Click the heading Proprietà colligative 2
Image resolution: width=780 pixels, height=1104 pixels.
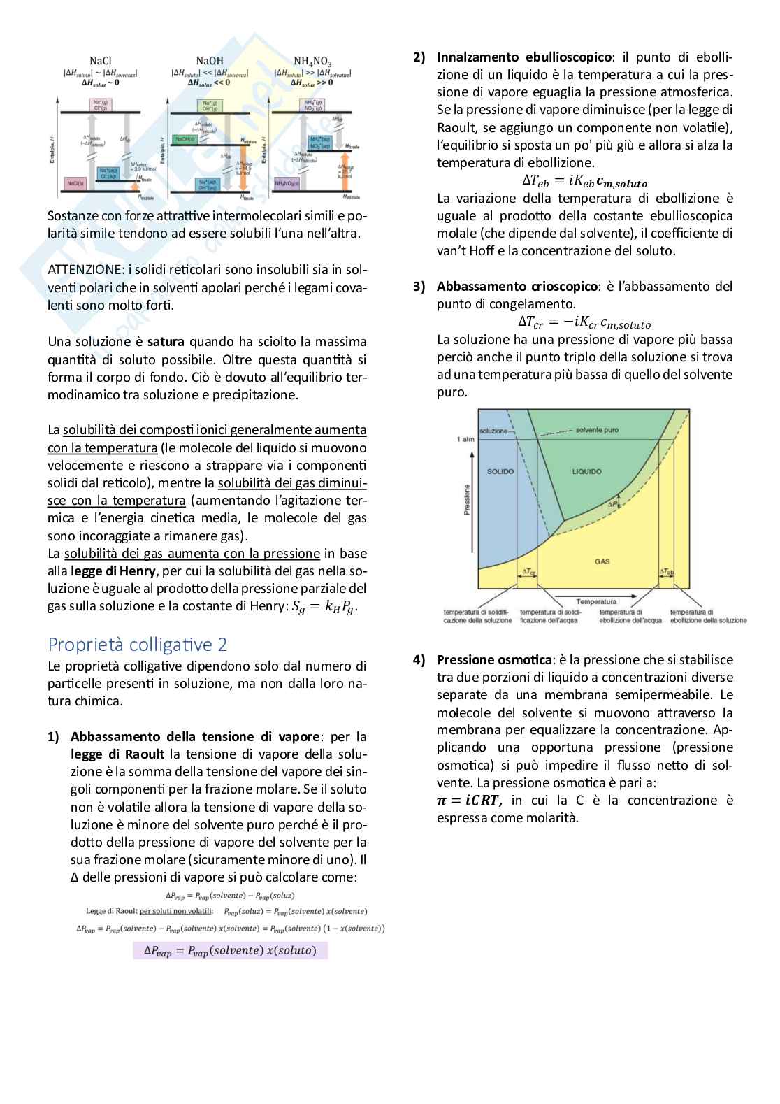tap(137, 644)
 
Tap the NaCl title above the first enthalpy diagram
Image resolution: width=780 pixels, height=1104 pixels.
tap(101, 62)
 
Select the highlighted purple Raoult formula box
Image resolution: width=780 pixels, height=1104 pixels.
tap(230, 950)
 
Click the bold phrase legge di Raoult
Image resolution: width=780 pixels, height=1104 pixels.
tap(117, 754)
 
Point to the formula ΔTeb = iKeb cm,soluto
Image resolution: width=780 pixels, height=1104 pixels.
tap(584, 181)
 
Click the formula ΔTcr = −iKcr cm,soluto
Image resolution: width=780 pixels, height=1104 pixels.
tap(584, 322)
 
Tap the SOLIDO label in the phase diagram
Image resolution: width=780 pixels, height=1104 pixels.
tap(500, 471)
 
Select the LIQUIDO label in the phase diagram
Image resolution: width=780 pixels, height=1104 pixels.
tap(586, 471)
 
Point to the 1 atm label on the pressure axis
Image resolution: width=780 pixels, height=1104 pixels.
tap(465, 439)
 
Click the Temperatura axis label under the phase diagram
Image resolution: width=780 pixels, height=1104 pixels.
tap(596, 601)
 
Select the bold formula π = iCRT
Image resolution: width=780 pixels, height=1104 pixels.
tap(469, 801)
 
